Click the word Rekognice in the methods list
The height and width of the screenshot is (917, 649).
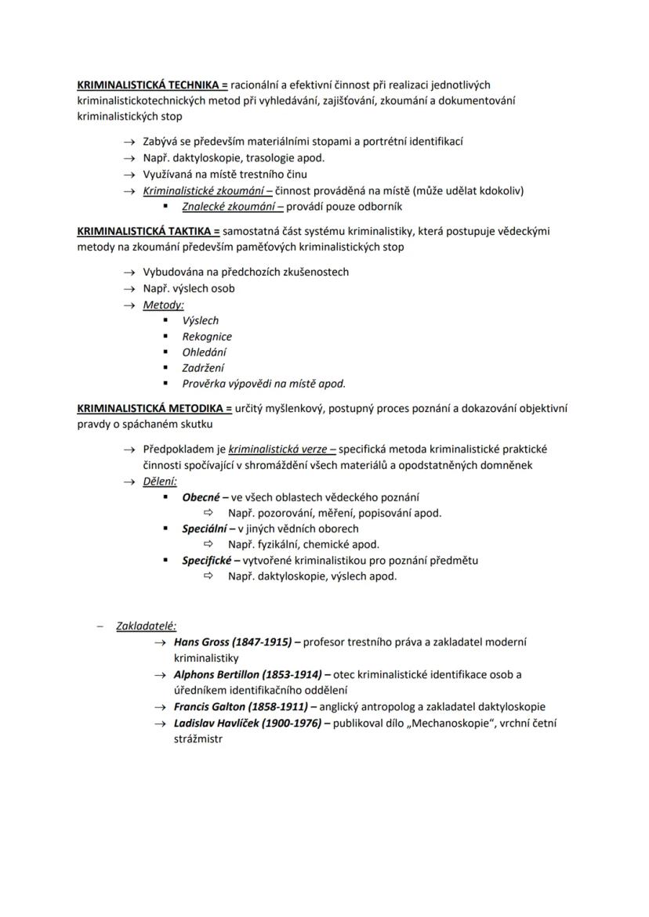tap(207, 336)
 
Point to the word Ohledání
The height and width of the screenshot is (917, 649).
tap(205, 352)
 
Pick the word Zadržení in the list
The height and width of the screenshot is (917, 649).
tap(203, 368)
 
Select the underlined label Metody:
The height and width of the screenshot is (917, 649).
tap(163, 305)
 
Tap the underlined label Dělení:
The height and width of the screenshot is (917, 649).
tap(160, 482)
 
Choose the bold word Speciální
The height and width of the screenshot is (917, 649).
tap(205, 529)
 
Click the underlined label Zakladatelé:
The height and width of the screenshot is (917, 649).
tap(146, 626)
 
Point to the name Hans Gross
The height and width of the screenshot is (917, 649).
tap(201, 642)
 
